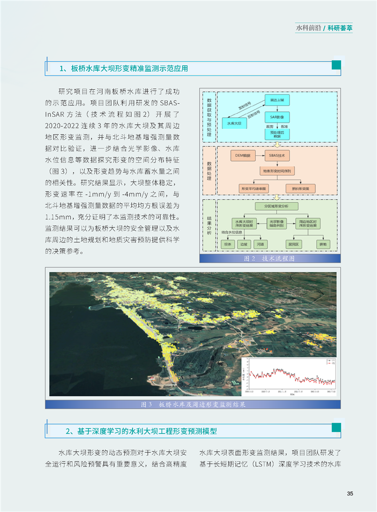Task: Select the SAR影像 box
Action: (x=277, y=117)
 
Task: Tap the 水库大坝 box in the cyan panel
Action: (x=234, y=124)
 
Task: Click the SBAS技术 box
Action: (x=277, y=155)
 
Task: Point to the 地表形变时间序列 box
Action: (x=277, y=171)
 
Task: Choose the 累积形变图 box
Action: (x=300, y=188)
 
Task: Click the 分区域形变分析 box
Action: (x=277, y=206)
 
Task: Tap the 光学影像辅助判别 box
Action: (x=277, y=223)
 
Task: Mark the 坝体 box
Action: (x=228, y=244)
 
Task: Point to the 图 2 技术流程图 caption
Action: (x=270, y=259)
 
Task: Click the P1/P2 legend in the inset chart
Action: (x=329, y=362)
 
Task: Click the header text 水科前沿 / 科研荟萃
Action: (x=324, y=28)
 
